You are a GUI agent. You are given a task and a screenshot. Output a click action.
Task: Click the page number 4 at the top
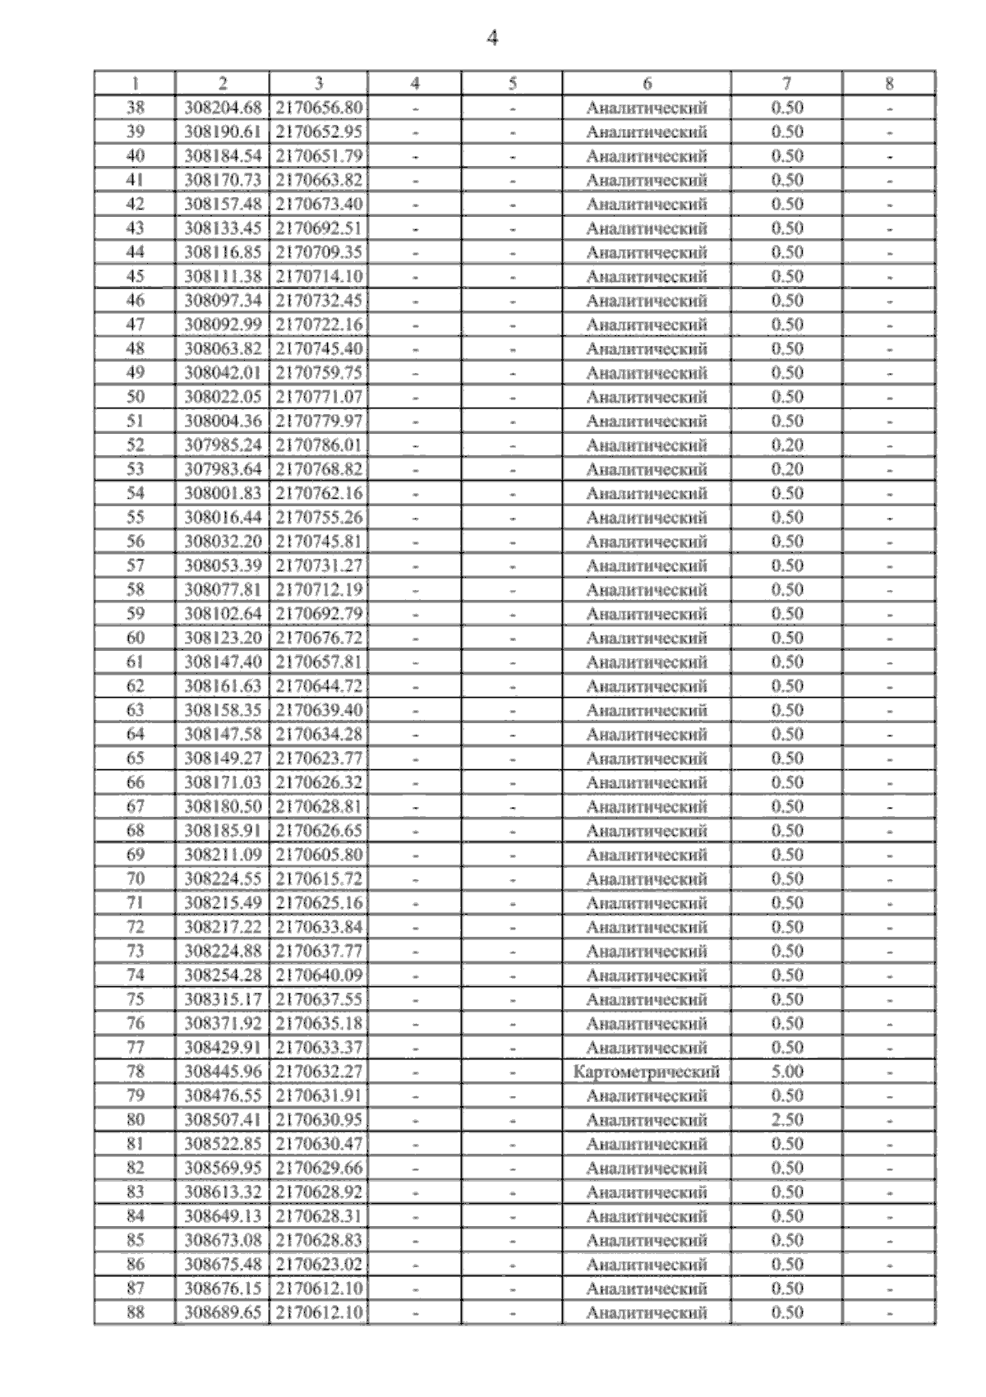(x=492, y=38)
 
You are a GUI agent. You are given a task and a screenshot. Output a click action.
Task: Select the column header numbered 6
(x=647, y=83)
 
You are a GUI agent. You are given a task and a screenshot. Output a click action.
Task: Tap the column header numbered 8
(x=889, y=83)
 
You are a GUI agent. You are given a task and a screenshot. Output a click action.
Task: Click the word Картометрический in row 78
(x=647, y=1072)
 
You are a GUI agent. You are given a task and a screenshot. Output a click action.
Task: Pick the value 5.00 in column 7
(x=786, y=1072)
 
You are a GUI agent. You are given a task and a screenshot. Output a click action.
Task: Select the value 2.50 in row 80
(x=786, y=1120)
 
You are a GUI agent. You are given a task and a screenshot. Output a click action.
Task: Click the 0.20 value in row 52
(x=786, y=445)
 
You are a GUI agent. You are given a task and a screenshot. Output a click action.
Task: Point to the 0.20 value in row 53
(x=786, y=469)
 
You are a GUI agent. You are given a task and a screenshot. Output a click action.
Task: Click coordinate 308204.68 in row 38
(x=223, y=108)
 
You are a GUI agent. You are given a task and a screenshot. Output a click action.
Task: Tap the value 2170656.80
(x=319, y=108)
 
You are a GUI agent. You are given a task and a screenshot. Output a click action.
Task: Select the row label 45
(x=135, y=276)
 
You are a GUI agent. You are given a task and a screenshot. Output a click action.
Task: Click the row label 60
(x=135, y=638)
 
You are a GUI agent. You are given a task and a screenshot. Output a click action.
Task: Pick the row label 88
(x=135, y=1312)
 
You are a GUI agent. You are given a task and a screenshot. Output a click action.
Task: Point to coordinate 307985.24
(x=223, y=445)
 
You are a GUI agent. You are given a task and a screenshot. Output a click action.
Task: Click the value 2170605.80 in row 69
(x=319, y=855)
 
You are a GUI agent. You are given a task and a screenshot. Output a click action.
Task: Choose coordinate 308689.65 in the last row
(x=223, y=1312)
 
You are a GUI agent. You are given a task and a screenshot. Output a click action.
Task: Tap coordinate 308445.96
(x=223, y=1072)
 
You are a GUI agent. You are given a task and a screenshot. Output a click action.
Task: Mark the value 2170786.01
(x=319, y=445)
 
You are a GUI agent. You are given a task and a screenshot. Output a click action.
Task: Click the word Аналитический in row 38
(x=647, y=108)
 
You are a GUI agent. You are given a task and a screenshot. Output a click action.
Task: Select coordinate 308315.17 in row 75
(x=223, y=999)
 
